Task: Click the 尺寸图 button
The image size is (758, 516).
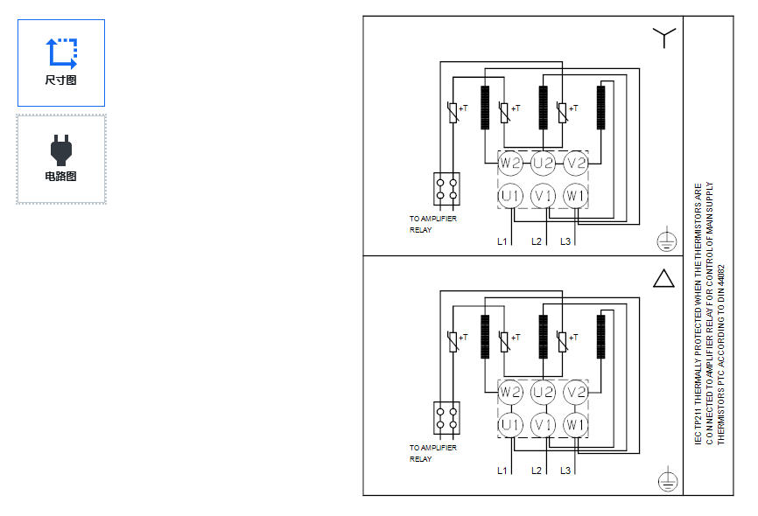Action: coord(61,63)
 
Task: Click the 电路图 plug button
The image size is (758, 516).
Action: coord(61,159)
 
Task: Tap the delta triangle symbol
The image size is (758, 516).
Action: coord(663,278)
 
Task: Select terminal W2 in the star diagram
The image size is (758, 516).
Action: coord(510,163)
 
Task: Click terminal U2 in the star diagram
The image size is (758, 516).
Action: coord(543,163)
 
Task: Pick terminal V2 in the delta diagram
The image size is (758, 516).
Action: coord(576,392)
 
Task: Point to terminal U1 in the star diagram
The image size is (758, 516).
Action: coord(510,196)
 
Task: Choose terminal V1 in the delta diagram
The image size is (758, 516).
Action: coord(543,425)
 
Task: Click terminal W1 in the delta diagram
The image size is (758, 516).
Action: coord(576,425)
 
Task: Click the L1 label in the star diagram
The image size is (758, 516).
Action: coord(502,241)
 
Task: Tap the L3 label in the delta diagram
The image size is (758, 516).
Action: coord(565,471)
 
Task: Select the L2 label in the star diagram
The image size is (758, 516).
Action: coord(536,241)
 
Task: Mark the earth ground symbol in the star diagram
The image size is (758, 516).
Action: coord(667,241)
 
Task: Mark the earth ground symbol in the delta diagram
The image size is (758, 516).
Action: coord(668,480)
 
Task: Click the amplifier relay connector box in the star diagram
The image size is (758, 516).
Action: coord(446,189)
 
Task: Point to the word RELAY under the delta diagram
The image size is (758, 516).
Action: coord(420,459)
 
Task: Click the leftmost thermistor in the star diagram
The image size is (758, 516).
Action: coord(453,113)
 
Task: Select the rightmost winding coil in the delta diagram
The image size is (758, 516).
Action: coord(601,337)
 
